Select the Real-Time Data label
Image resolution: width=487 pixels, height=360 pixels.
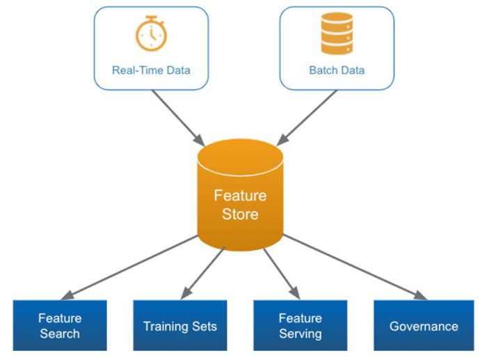coord(151,70)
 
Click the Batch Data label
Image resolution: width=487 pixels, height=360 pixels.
coord(337,70)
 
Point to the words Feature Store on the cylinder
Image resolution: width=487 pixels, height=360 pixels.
coord(240,205)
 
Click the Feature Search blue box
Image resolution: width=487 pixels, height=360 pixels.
coord(60,325)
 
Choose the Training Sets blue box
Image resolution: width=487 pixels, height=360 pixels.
coord(180,325)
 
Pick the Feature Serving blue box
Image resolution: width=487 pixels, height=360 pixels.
coord(300,325)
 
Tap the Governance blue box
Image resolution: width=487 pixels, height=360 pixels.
coord(424,325)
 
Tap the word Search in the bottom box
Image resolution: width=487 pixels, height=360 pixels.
coord(60,334)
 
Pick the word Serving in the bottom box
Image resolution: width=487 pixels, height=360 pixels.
coord(300,334)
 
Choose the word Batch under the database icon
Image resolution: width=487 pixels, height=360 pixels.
coord(323,70)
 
